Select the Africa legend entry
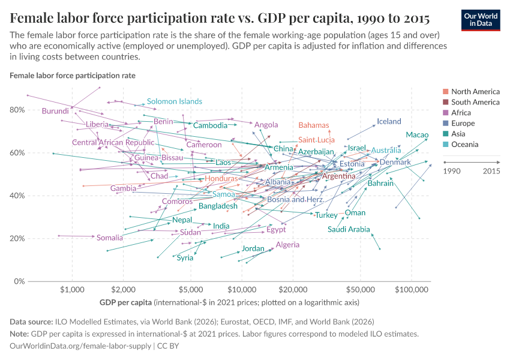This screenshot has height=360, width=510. tap(461, 113)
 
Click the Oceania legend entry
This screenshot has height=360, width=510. tap(464, 145)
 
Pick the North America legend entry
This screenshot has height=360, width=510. tap(475, 92)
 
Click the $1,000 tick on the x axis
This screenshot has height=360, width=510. tap(72, 289)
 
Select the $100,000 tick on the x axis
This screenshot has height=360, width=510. tap(411, 289)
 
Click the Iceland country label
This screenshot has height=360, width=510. tap(389, 121)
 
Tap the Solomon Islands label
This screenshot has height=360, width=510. tap(174, 101)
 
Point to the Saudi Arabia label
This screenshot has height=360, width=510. tap(349, 229)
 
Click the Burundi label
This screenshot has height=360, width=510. tap(55, 111)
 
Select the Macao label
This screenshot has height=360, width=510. tap(417, 135)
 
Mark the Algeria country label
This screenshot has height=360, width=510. tap(287, 245)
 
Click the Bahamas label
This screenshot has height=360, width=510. tap(314, 125)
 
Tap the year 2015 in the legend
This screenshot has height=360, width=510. tap(491, 171)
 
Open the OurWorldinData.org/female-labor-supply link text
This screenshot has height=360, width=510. tap(81, 346)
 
